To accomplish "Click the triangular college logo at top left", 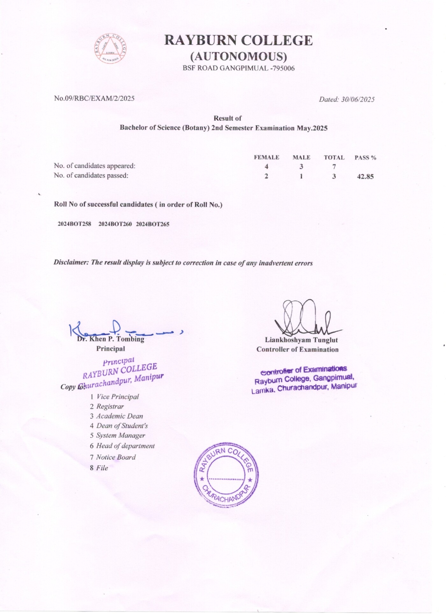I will tap(110, 48).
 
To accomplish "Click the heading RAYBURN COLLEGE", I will tap(238, 40).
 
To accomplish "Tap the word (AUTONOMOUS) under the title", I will tap(239, 56).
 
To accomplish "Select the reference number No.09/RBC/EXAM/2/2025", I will tap(94, 98).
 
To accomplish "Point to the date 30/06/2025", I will tap(358, 99).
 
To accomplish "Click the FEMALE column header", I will tap(266, 157).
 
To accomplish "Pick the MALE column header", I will tap(301, 157).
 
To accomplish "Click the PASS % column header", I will tap(365, 158).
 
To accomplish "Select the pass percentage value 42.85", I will tap(365, 177).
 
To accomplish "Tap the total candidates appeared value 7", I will tap(334, 166).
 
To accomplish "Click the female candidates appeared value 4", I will tap(266, 166).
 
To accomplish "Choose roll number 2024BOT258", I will tap(74, 224).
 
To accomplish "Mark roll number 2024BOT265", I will tap(153, 224).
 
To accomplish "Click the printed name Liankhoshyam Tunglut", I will tap(301, 340).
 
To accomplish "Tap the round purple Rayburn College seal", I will tap(226, 474).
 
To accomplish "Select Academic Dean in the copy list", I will tap(119, 416).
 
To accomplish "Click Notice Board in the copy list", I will tap(116, 457).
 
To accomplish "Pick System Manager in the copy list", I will tap(121, 435).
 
